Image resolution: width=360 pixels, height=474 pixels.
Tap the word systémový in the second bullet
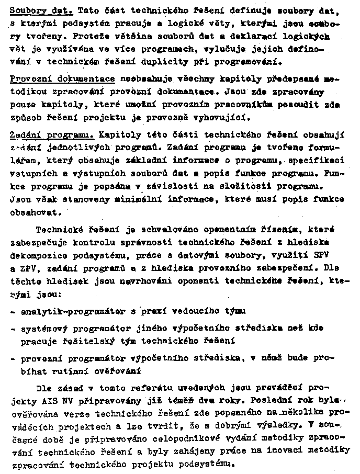point(44,329)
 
